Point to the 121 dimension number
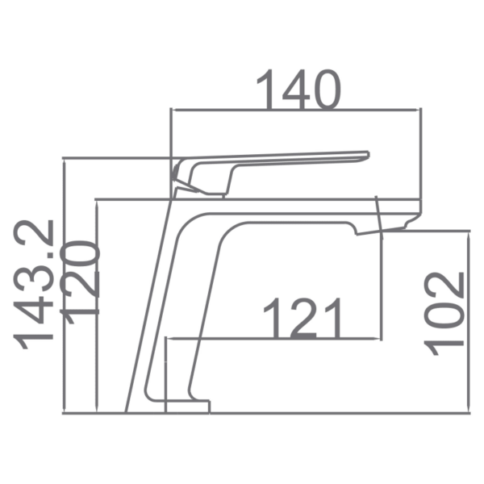coord(304,319)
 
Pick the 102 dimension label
coord(445,314)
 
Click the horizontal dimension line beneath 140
coord(296,111)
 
